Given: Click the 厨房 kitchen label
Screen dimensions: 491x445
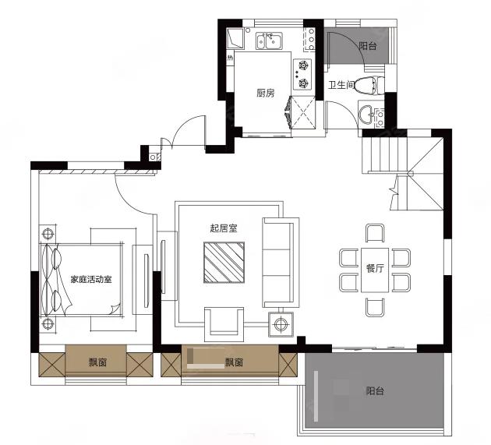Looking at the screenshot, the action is [265, 93].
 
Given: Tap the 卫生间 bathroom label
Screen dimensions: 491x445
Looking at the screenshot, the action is [341, 84].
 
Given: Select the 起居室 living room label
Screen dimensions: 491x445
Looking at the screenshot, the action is [224, 228].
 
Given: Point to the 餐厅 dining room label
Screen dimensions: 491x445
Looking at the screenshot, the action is [375, 268].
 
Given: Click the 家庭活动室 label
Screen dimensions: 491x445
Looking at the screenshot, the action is [91, 279].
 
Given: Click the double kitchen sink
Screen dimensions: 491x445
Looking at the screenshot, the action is [270, 41].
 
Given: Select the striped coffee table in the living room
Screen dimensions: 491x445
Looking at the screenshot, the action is [224, 263].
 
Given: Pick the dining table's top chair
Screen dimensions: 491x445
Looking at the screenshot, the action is [375, 233].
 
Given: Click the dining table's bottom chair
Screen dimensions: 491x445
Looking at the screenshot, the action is [375, 307].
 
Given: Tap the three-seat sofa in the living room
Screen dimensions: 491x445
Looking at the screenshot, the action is [281, 263].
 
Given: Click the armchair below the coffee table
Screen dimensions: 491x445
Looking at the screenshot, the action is [224, 324].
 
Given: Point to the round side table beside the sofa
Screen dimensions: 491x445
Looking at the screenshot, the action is [281, 324].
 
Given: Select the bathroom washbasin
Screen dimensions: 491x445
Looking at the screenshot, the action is [367, 113].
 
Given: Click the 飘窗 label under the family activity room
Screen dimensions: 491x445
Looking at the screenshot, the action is [97, 362].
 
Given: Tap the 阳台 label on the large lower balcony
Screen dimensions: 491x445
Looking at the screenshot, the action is [375, 390].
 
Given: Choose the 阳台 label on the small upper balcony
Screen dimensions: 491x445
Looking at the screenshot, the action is [368, 46].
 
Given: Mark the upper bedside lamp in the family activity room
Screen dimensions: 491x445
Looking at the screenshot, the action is [48, 234].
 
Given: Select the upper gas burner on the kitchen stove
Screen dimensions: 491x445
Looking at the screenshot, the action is [303, 65].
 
